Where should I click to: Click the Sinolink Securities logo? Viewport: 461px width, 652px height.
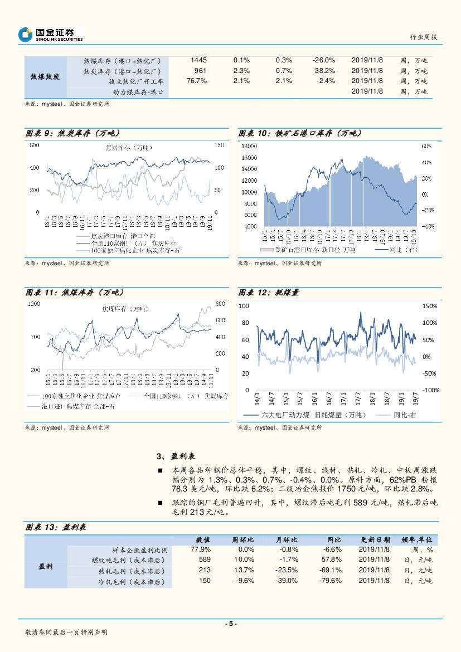pyautogui.click(x=51, y=35)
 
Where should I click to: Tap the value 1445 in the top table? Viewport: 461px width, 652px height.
pyautogui.click(x=198, y=60)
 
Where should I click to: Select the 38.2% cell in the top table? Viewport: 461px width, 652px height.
pyautogui.click(x=324, y=71)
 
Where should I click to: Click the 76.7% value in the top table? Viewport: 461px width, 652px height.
pyautogui.click(x=197, y=81)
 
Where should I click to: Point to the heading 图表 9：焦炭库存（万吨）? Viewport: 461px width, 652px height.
pyautogui.click(x=73, y=133)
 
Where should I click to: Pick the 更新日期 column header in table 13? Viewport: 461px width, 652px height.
pyautogui.click(x=375, y=539)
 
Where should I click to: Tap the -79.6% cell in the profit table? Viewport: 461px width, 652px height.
pyautogui.click(x=331, y=581)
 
